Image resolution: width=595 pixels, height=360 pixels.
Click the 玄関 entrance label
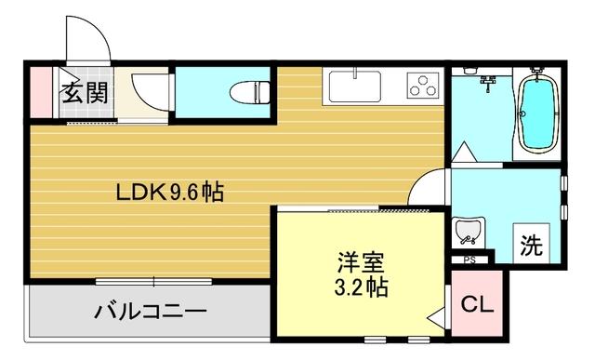click(85, 92)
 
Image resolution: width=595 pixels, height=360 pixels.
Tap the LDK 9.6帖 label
click(168, 194)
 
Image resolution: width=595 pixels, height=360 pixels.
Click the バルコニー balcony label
click(150, 311)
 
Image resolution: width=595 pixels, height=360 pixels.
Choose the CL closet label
click(478, 302)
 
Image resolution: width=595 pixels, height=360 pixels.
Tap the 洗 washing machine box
click(532, 247)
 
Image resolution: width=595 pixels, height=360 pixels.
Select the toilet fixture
click(246, 91)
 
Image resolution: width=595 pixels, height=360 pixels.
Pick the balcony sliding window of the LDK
click(149, 280)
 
